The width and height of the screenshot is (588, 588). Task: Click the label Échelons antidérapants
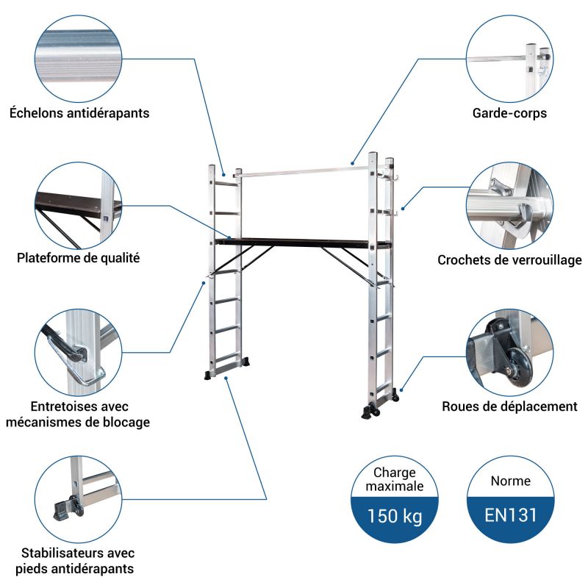point(79,113)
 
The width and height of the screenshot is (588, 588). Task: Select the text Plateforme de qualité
point(79,258)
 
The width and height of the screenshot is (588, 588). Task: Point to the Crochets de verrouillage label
point(509,260)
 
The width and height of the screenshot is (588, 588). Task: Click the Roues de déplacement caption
point(509,406)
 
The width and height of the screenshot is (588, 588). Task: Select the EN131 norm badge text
point(510,514)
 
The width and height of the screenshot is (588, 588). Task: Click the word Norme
point(510,481)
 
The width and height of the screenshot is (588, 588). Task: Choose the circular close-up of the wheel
point(509,351)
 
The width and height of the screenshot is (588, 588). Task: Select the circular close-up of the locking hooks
point(509,205)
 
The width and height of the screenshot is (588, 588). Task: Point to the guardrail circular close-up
point(509,59)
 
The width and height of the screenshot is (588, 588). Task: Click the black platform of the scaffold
point(301,242)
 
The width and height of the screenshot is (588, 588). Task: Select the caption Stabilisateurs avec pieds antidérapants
point(78,561)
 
